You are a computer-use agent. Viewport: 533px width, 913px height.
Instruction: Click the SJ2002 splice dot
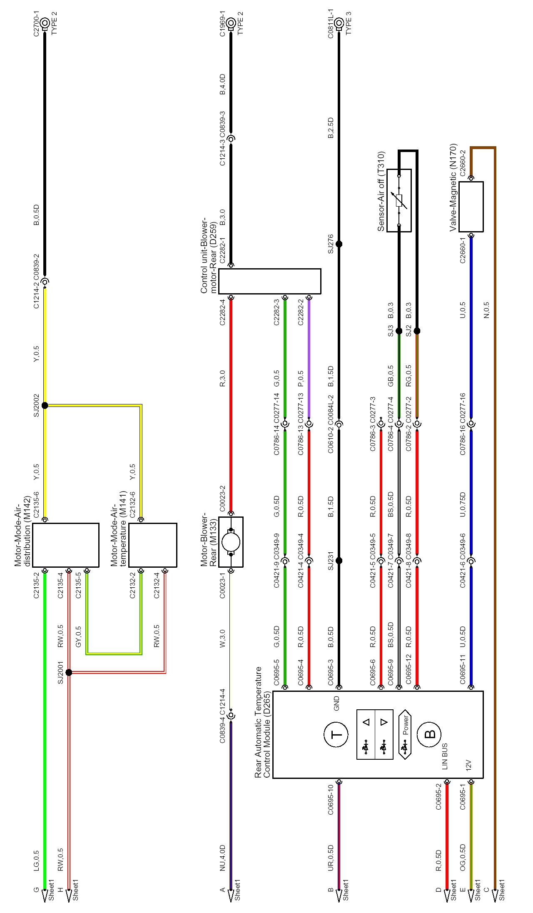(45, 405)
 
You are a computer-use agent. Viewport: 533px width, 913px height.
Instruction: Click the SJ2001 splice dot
(69, 672)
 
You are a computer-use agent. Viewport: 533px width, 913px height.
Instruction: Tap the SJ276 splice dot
(339, 244)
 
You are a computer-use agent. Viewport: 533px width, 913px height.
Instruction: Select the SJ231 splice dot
(339, 561)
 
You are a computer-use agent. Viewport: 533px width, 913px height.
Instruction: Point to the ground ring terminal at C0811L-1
(339, 23)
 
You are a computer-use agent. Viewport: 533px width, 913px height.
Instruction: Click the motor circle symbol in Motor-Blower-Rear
(231, 542)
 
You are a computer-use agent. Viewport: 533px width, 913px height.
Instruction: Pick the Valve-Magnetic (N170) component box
(471, 207)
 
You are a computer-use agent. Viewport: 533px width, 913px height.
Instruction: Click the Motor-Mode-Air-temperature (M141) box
(152, 545)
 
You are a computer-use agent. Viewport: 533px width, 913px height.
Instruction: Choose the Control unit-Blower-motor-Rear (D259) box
(269, 281)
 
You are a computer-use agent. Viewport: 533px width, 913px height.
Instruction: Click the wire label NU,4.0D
(222, 858)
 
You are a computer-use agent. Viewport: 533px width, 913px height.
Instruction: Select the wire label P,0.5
(301, 379)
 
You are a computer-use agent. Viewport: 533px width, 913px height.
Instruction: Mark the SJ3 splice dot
(399, 331)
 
